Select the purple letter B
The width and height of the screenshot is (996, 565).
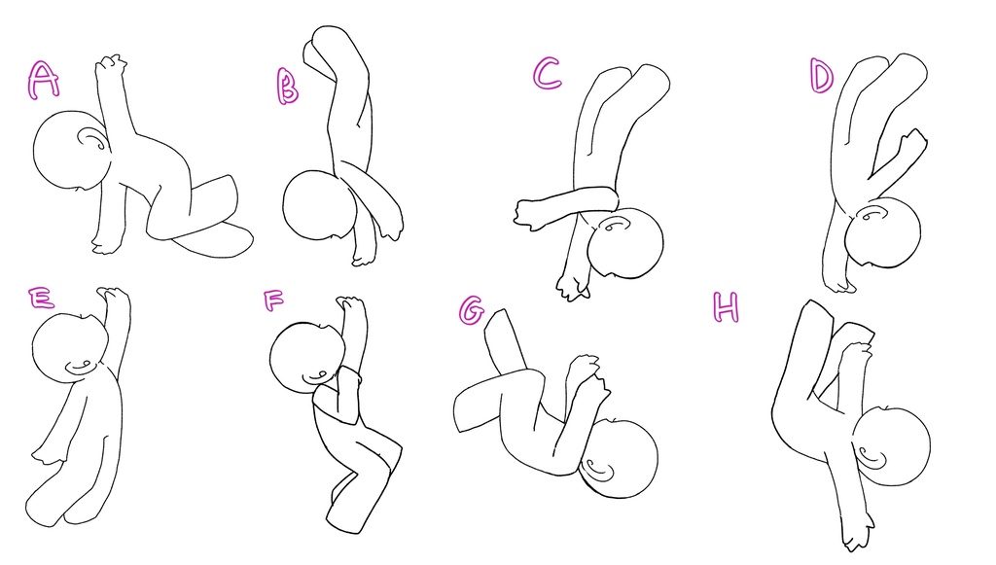(287, 86)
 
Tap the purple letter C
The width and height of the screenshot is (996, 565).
(547, 74)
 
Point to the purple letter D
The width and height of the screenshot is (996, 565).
(821, 76)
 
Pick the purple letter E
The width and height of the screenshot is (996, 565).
(41, 298)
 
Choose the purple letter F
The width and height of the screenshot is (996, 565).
(273, 300)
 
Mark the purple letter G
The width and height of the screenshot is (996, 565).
(471, 311)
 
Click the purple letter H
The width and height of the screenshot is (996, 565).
(726, 307)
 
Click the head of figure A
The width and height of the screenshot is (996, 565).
(71, 151)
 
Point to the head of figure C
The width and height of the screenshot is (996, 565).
(625, 243)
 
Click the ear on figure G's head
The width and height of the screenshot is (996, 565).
(598, 470)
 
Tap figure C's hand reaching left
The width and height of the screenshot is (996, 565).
(529, 213)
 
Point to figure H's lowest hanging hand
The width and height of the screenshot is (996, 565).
(858, 529)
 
